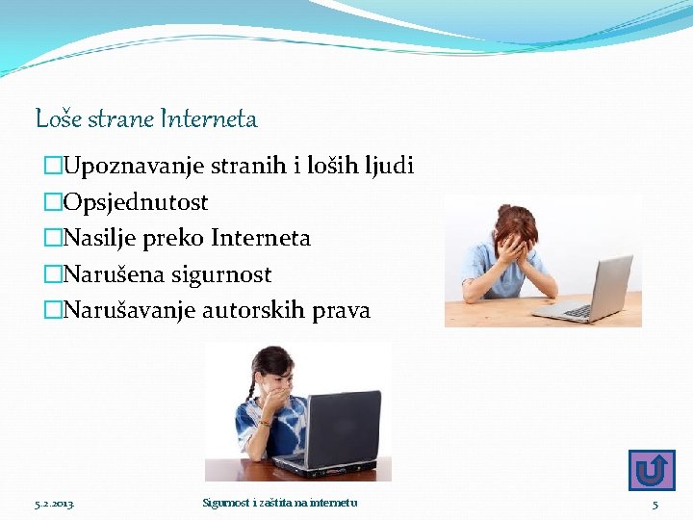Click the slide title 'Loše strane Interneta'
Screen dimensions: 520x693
point(146,119)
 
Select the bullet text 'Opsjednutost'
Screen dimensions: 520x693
point(135,203)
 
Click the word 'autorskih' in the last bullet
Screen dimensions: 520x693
point(254,311)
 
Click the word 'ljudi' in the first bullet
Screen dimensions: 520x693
point(389,167)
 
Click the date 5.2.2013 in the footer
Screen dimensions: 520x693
point(54,504)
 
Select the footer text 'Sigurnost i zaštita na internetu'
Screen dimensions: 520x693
point(279,504)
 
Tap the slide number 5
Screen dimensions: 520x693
point(655,505)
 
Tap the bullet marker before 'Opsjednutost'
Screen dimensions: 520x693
point(53,203)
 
